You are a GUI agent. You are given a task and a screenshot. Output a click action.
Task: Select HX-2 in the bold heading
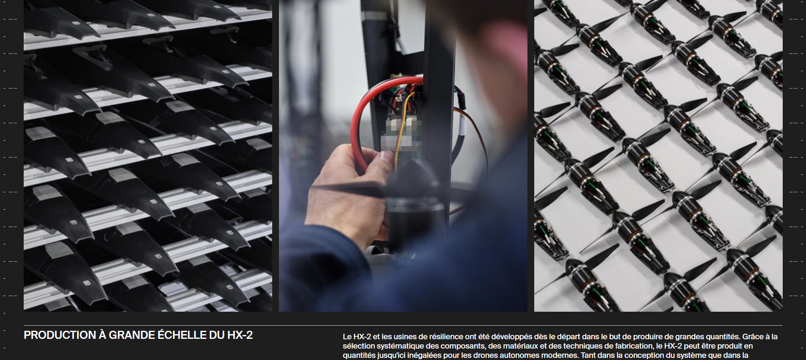click(240, 335)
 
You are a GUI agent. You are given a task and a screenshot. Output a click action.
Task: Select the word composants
click(463, 346)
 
